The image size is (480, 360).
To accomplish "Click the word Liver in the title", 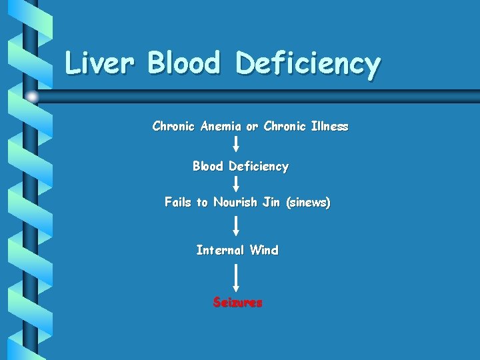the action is pyautogui.click(x=100, y=63).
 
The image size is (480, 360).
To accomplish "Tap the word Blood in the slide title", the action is pyautogui.click(x=184, y=63).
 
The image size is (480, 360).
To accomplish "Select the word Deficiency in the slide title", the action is pyautogui.click(x=308, y=65).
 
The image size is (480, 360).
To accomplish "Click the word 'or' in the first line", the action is pyautogui.click(x=252, y=126).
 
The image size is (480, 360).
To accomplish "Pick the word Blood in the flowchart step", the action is pyautogui.click(x=208, y=166).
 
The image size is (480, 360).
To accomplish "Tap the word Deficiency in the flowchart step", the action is pyautogui.click(x=259, y=167).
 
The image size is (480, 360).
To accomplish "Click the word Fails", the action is pyautogui.click(x=177, y=202).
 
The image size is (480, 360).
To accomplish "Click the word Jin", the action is pyautogui.click(x=271, y=202).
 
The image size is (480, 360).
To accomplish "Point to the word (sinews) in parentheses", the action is pyautogui.click(x=307, y=202).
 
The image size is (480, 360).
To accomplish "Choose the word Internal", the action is pyautogui.click(x=221, y=250).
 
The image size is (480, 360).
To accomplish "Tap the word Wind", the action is pyautogui.click(x=264, y=250).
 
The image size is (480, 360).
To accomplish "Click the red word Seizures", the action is pyautogui.click(x=238, y=302).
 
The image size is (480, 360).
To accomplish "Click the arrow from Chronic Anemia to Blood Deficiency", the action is pyautogui.click(x=236, y=144).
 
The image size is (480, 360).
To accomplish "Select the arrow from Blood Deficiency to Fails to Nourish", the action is pyautogui.click(x=236, y=184).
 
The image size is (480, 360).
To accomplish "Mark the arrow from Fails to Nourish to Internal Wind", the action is pyautogui.click(x=236, y=225).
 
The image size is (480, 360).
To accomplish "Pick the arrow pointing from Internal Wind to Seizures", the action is pyautogui.click(x=236, y=276).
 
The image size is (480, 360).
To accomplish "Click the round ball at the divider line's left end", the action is pyautogui.click(x=33, y=97).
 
